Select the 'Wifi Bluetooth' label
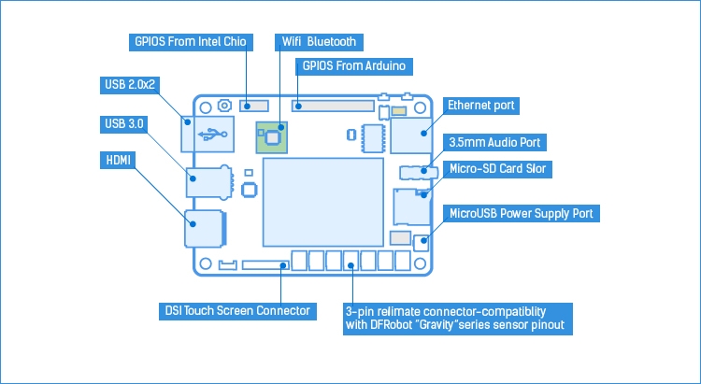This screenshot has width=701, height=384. [319, 43]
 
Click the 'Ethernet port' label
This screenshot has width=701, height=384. [481, 106]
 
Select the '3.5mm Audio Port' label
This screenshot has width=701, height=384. [494, 142]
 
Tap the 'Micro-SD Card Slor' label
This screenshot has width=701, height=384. [498, 169]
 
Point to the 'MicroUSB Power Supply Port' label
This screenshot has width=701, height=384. [522, 213]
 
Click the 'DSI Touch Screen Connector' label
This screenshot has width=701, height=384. [231, 310]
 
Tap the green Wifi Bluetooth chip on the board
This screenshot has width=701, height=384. [273, 137]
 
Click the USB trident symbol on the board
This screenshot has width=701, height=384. [213, 134]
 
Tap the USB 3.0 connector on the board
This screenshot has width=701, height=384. [208, 180]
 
